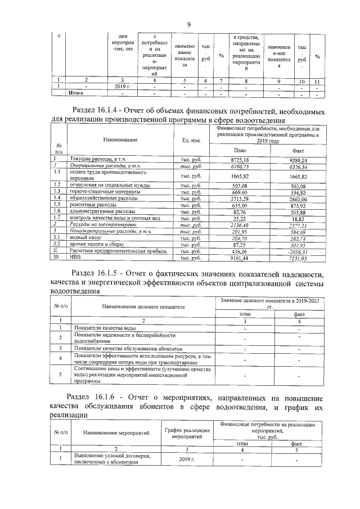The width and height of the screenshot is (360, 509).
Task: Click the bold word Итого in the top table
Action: (76, 92)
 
